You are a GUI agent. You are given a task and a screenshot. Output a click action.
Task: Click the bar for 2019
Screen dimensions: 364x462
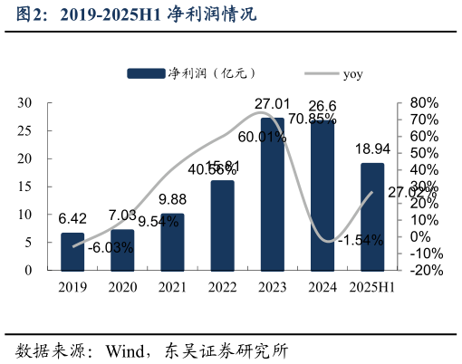pyautogui.click(x=72, y=252)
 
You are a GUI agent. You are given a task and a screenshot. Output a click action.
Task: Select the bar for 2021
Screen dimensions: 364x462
pyautogui.click(x=172, y=242)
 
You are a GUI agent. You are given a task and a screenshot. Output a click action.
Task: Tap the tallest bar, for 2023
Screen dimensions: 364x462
pyautogui.click(x=272, y=194)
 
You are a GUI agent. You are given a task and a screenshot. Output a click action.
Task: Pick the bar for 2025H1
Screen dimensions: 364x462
pyautogui.click(x=372, y=216)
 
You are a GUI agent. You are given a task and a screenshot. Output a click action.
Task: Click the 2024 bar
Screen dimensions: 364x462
pyautogui.click(x=322, y=196)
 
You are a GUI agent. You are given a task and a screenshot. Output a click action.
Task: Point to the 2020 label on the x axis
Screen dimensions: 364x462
pyautogui.click(x=122, y=287)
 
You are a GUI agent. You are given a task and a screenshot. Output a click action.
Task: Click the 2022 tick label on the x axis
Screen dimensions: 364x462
pyautogui.click(x=222, y=287)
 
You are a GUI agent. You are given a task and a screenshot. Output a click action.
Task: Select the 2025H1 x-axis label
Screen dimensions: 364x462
pyautogui.click(x=372, y=287)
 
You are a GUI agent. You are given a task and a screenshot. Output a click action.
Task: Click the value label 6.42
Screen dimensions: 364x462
pyautogui.click(x=72, y=219)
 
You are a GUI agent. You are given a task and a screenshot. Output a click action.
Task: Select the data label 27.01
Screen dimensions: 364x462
pyautogui.click(x=272, y=104)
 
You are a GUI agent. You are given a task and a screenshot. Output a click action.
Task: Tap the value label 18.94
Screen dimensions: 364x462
pyautogui.click(x=372, y=149)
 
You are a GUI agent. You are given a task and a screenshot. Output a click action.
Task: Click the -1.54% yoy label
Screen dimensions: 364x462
pyautogui.click(x=359, y=240)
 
